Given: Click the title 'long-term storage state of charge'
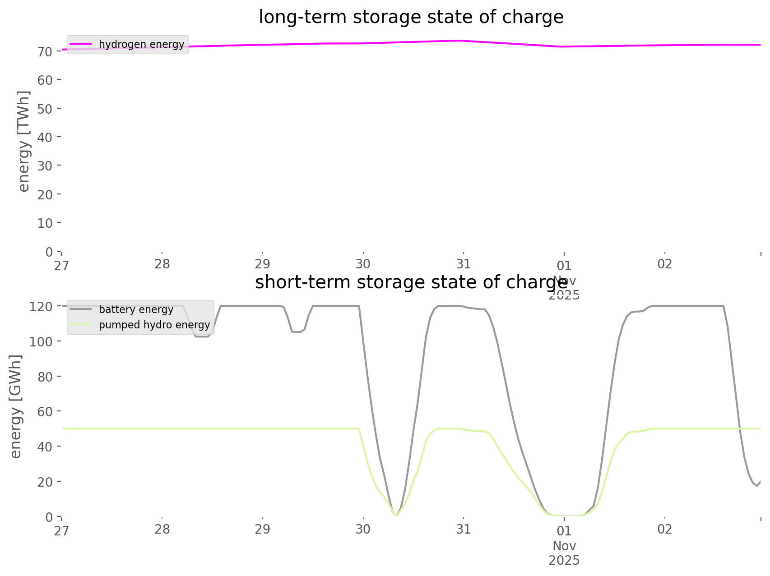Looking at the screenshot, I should click(x=411, y=17).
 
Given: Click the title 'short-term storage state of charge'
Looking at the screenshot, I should click(x=411, y=282).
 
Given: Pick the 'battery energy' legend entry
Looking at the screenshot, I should click(x=136, y=309).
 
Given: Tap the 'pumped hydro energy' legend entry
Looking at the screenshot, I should click(x=154, y=325).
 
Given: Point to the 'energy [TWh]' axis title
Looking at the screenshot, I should click(x=24, y=141).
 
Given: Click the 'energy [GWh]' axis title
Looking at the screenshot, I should click(x=16, y=407).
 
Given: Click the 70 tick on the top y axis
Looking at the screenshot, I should click(x=45, y=51).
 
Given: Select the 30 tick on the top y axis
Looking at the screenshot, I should click(x=45, y=166).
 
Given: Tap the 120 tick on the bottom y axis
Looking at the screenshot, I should click(x=42, y=306).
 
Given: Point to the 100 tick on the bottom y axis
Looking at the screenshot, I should click(x=42, y=341).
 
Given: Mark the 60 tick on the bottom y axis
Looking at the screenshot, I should click(x=45, y=411).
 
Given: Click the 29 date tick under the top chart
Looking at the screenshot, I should click(x=262, y=264).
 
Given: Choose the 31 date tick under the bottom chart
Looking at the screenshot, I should click(x=464, y=529).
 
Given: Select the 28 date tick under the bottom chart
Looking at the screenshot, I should click(x=162, y=529).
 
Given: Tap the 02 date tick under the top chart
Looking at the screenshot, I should click(x=665, y=264).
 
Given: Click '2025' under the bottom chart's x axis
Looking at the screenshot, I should click(x=564, y=561).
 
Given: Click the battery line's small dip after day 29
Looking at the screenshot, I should click(x=297, y=332).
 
